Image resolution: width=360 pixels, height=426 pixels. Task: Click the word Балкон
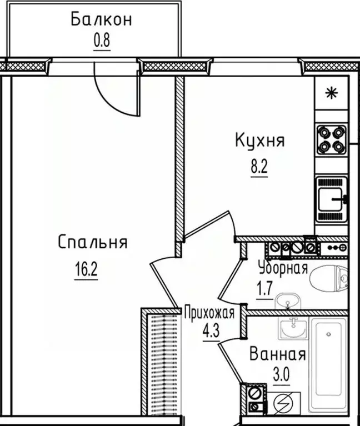101,20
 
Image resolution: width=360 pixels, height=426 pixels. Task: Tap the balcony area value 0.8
101,42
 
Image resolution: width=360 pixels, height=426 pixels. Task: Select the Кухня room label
259,141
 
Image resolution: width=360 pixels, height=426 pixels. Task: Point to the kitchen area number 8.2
259,166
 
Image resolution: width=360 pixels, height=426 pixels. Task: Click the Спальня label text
93,243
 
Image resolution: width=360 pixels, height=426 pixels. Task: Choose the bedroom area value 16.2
86,272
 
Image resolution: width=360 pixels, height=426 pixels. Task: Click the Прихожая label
208,313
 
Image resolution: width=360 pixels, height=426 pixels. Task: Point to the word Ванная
277,354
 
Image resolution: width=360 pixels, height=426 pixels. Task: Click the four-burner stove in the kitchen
332,141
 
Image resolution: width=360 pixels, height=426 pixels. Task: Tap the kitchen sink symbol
332,198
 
